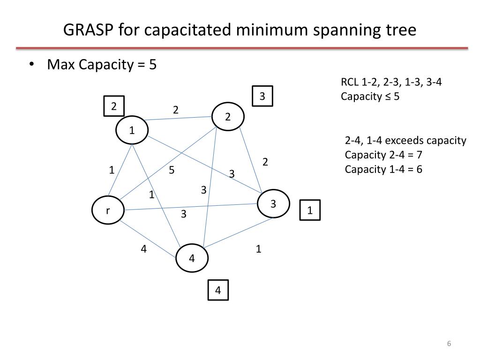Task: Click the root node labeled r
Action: (108, 210)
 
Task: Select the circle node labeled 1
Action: (132, 130)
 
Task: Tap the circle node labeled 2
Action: (228, 117)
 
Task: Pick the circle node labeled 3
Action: (273, 203)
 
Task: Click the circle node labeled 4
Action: (192, 258)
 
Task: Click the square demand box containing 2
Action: (114, 106)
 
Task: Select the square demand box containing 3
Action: (262, 96)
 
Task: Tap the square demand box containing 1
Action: (310, 210)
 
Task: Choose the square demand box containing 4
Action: (218, 290)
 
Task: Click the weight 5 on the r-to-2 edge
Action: (172, 170)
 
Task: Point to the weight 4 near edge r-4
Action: (143, 249)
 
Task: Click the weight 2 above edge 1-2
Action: (175, 110)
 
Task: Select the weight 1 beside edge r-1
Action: (112, 170)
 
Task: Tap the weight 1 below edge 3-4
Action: (259, 248)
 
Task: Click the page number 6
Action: (449, 344)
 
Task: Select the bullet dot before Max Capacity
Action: (31, 64)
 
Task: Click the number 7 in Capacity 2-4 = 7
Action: (420, 155)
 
